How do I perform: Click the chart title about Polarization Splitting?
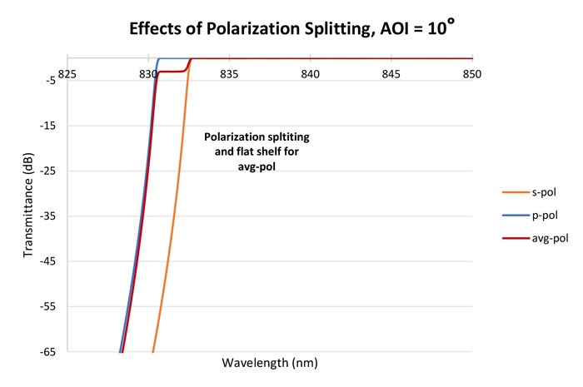coord(292,29)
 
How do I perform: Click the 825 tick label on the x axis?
coord(67,73)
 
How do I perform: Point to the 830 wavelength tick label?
coord(148,73)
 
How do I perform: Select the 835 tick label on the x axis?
coord(229,73)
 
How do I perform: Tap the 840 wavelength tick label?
coord(311,73)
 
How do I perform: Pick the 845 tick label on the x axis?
coord(391,73)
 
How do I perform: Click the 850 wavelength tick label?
coord(472,73)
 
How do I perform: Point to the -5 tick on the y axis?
coord(49,81)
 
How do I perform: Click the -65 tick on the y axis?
coord(47,351)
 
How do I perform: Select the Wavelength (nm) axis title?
coord(270,364)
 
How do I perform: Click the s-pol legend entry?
coord(541,192)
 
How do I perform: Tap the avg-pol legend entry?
coord(547,238)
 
